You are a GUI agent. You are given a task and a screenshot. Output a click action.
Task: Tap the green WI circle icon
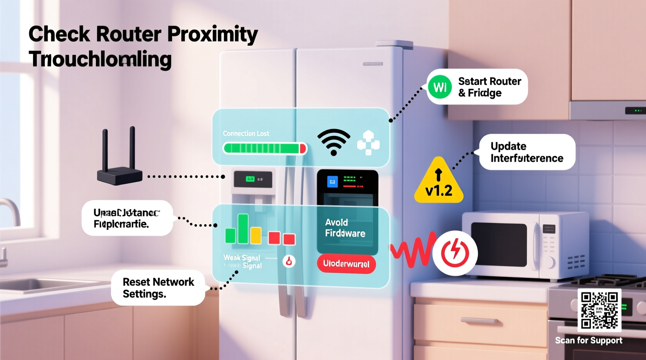(439, 87)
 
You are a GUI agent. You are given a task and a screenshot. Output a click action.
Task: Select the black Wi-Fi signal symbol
(333, 142)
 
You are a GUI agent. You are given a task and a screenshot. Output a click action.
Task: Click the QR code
(599, 310)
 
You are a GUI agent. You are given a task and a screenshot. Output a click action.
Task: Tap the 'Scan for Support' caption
(588, 341)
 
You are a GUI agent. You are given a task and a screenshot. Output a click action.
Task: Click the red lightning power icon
(455, 253)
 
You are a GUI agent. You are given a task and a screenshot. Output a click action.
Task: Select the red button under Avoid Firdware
(346, 264)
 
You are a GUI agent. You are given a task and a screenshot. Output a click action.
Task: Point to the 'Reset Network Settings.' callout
(158, 288)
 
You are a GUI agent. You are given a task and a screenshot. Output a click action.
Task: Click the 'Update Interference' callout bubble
(527, 152)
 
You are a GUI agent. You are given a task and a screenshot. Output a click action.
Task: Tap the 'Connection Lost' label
(246, 133)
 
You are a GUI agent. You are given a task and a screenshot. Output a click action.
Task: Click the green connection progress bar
(264, 148)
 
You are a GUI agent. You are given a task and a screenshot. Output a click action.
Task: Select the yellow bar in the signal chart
(256, 235)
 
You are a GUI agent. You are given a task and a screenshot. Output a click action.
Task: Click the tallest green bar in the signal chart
(243, 229)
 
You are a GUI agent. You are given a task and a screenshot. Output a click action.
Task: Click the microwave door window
(499, 244)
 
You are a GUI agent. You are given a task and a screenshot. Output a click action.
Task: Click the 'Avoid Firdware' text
(345, 228)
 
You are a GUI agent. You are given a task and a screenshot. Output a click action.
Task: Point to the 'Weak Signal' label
(241, 258)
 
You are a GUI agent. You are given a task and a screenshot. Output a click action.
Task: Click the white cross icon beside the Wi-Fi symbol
(368, 143)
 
